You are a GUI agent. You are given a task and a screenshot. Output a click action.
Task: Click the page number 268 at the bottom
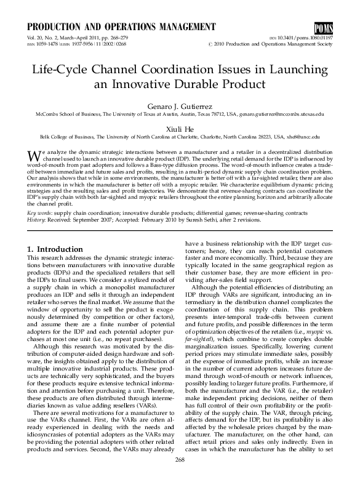180,460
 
